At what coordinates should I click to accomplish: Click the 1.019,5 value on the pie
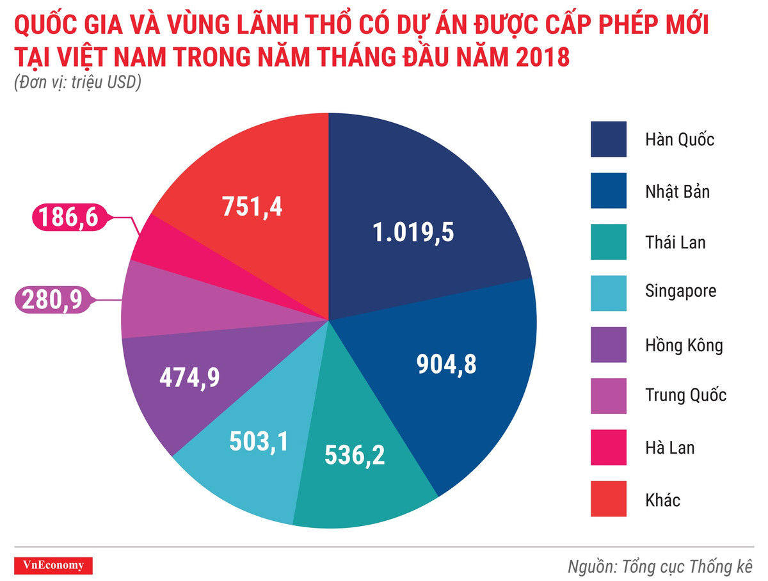point(413,232)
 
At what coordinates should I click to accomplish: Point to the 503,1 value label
point(258,440)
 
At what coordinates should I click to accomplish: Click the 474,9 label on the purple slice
point(189,377)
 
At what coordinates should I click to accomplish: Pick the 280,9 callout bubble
point(53,299)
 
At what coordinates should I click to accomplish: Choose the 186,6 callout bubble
point(68,218)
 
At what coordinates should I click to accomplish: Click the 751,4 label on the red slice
point(252,207)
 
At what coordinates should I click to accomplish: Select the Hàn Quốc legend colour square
point(608,139)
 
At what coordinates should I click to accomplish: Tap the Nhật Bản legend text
point(678,191)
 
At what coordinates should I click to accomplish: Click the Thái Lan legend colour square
point(608,243)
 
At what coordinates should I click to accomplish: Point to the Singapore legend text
point(681,292)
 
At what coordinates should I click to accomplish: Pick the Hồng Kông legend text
point(684,346)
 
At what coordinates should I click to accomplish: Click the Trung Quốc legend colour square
point(608,395)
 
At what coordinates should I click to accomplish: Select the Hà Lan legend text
point(669,447)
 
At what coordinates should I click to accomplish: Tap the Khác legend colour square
point(608,498)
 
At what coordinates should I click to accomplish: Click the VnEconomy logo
point(53,564)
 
